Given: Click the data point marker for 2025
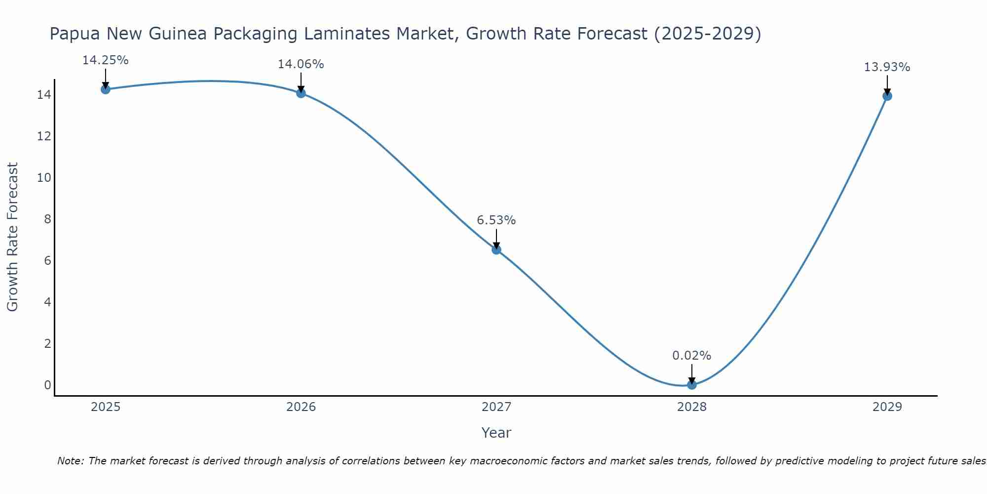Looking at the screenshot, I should [x=105, y=89].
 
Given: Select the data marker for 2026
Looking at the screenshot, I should [x=301, y=93].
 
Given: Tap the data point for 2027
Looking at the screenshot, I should [x=496, y=249].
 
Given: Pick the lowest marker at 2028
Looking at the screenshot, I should [x=691, y=384].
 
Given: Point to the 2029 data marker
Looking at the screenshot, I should [x=887, y=96].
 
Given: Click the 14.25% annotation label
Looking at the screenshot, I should [x=105, y=60].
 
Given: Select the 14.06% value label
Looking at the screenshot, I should [x=301, y=64].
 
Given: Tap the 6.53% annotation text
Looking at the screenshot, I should [x=496, y=220].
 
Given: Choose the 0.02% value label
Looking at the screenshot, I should [x=691, y=356].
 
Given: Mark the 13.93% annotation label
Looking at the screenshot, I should [x=887, y=67].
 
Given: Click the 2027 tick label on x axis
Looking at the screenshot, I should [x=496, y=407].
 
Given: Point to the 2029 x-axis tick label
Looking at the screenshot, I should [x=887, y=407].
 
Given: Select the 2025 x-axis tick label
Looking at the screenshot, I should [x=105, y=407].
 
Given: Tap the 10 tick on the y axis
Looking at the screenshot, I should [x=44, y=177].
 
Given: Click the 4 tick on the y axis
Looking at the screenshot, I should [x=47, y=302].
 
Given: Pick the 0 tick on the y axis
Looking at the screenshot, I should [x=47, y=385].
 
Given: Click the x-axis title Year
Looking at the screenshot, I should [x=496, y=433].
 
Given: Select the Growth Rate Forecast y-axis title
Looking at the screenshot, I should [x=12, y=237].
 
